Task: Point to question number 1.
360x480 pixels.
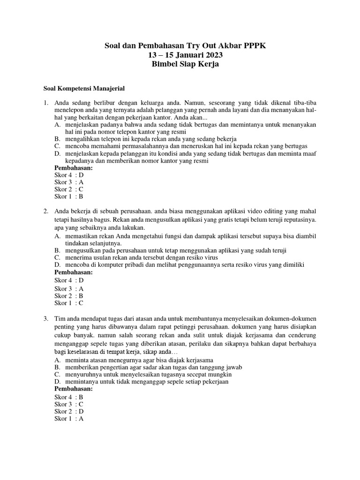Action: (46, 102)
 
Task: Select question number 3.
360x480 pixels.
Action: (46, 319)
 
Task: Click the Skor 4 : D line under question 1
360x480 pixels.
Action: (69, 175)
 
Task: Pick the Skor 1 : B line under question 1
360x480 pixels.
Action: (69, 196)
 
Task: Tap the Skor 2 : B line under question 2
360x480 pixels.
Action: (69, 296)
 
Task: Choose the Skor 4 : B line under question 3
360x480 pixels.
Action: (69, 397)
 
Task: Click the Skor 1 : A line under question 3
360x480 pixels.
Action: (69, 419)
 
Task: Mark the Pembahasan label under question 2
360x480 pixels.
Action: (74, 272)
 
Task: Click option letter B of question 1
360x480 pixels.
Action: (57, 139)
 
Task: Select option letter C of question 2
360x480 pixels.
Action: (57, 257)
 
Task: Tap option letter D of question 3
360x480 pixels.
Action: (57, 382)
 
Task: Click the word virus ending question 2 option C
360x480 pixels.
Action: (210, 257)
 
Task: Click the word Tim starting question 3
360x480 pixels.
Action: (60, 319)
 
